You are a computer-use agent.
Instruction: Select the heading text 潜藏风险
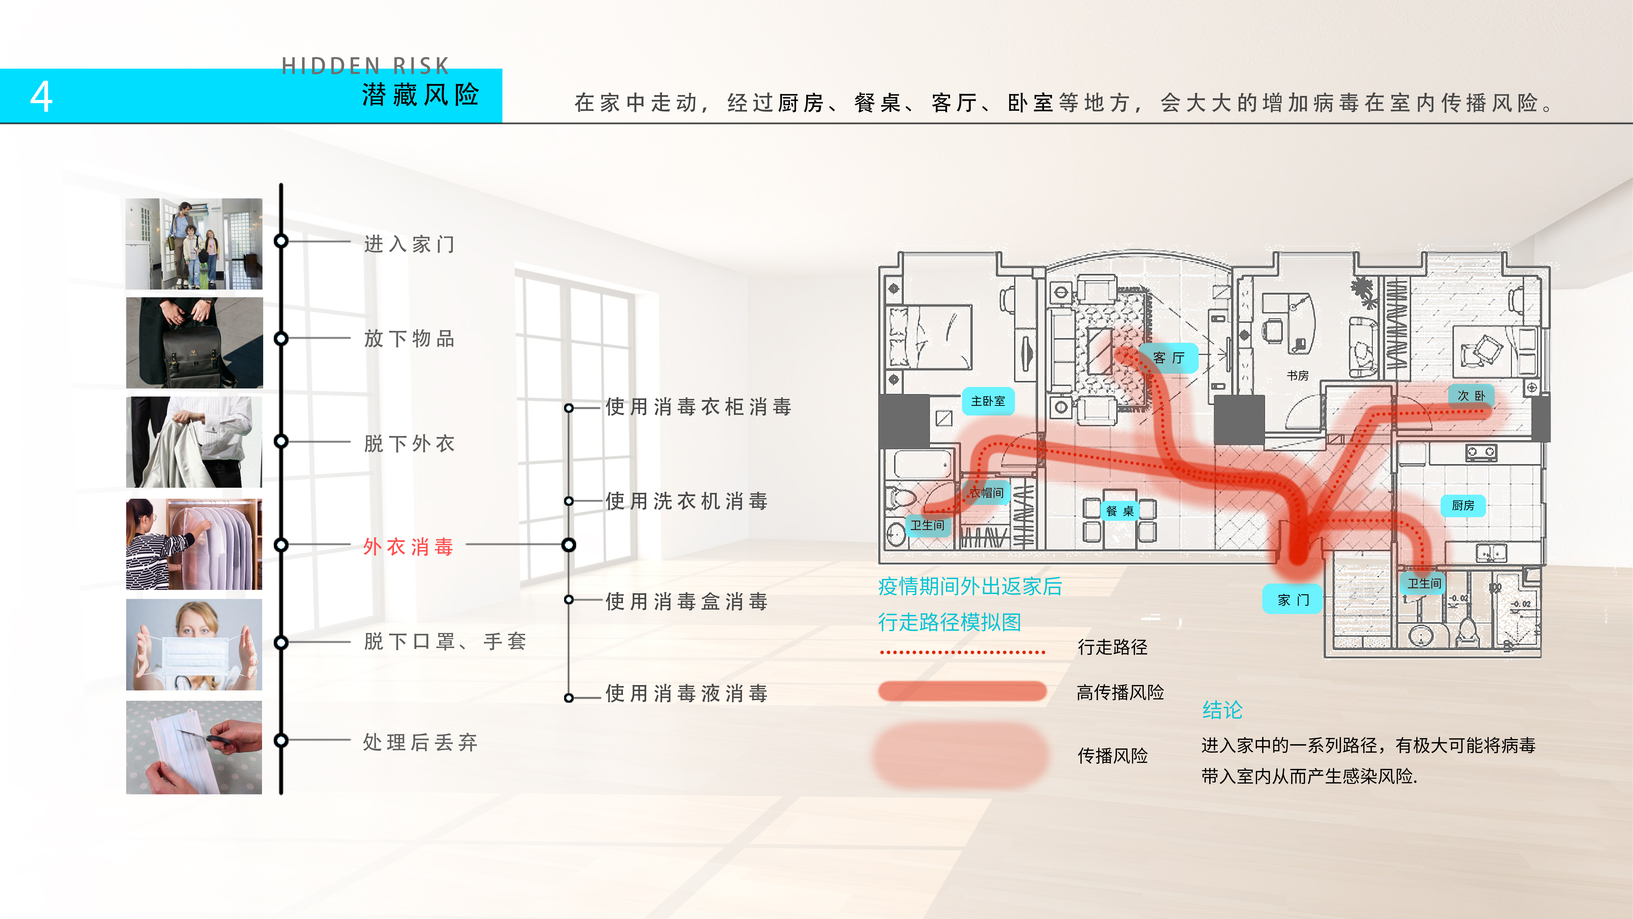pos(420,95)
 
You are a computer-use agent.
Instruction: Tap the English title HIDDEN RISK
pos(365,65)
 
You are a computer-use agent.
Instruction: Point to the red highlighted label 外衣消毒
pos(408,546)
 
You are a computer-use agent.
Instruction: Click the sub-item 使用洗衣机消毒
pos(687,501)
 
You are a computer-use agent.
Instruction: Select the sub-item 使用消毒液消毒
pos(687,693)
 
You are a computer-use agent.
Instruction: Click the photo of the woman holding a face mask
pos(194,644)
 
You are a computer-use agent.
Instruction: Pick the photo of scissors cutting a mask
pos(194,747)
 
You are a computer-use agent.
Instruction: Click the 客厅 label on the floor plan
pos(1168,358)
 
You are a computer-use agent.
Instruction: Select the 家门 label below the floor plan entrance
pos(1293,599)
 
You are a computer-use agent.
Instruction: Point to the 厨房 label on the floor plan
pos(1463,505)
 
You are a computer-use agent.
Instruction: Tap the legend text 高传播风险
pos(1120,692)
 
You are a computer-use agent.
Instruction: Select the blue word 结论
pos(1222,710)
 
